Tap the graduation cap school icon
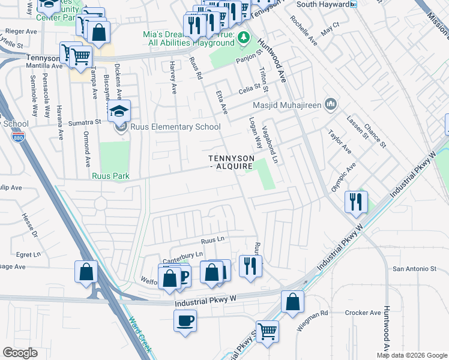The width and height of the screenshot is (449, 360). (119, 111)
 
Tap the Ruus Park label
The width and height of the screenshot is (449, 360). (110, 176)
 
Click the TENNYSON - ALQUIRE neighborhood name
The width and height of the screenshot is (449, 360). (231, 162)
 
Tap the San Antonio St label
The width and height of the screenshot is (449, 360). (414, 269)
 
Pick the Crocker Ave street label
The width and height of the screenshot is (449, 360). (363, 313)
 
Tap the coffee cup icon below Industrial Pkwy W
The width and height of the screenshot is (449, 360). (185, 320)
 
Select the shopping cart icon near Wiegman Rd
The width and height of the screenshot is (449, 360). (267, 331)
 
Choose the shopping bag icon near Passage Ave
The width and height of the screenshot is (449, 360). (86, 271)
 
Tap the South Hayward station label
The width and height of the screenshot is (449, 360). (324, 4)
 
